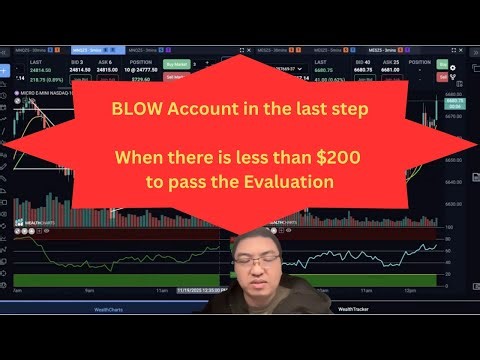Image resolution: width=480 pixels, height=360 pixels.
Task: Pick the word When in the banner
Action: [x=140, y=157]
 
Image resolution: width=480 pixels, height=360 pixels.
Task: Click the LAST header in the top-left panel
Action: [x=36, y=60]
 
